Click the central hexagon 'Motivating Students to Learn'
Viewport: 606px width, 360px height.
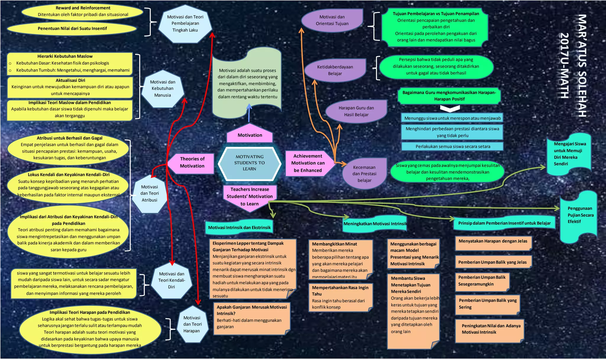[249, 163]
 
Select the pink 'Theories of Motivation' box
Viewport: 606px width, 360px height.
[192, 163]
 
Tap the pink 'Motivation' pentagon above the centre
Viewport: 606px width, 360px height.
[250, 135]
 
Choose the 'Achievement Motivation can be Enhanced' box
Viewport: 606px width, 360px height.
[308, 163]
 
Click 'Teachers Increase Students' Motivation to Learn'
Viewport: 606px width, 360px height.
[250, 197]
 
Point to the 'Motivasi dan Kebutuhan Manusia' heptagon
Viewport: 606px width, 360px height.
[162, 89]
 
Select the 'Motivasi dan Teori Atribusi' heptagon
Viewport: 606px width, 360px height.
[149, 194]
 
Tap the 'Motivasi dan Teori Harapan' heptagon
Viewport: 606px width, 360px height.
[192, 325]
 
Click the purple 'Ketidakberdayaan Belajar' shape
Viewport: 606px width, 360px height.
[335, 70]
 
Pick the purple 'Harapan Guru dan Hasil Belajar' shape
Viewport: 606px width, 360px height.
[356, 111]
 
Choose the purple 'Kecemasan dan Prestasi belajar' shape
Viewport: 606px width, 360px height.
[364, 174]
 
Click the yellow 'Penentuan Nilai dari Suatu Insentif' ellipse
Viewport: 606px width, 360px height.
[72, 29]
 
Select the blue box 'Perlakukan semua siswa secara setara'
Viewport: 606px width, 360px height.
[452, 147]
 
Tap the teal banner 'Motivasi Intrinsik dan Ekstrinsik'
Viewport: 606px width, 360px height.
[239, 227]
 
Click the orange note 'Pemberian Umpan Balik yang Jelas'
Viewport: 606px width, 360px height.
[493, 262]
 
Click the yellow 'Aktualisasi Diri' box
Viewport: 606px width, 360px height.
[70, 87]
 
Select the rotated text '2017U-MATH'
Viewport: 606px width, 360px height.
[565, 66]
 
